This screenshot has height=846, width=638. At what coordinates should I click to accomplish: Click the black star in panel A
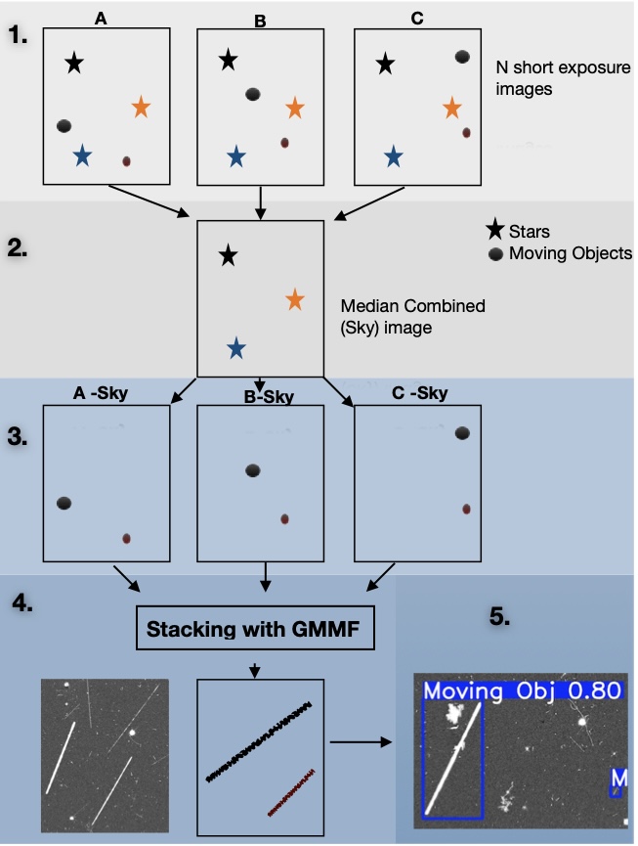74,65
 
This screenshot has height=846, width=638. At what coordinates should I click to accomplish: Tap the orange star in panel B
295,108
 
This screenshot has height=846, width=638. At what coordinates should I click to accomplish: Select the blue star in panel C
393,156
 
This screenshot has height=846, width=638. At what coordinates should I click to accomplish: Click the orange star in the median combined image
295,299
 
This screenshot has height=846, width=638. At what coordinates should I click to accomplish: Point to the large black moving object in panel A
64,126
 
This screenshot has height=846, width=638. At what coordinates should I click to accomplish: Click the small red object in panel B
284,142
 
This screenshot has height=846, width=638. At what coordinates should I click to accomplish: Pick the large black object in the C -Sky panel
462,433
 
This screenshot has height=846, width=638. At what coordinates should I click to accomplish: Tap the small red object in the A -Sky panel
126,538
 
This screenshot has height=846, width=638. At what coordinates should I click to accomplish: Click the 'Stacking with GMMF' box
255,628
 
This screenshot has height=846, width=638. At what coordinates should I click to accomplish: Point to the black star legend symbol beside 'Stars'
495,232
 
